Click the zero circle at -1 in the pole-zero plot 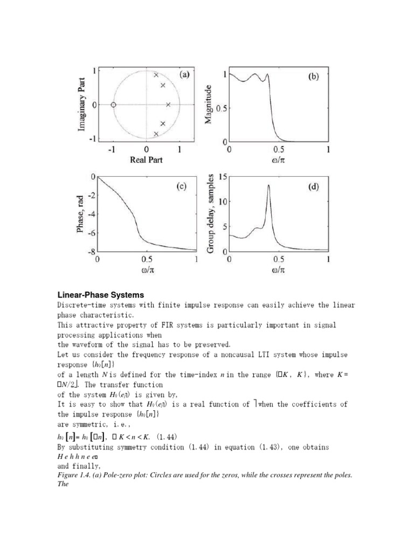tap(113, 105)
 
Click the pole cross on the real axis tap(168, 105)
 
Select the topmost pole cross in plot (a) tap(156, 75)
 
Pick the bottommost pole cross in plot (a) tap(156, 134)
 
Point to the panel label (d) tap(313, 187)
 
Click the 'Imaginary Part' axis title tap(82, 103)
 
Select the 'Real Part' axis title tap(146, 160)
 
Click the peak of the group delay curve tap(268, 185)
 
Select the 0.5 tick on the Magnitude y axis tap(221, 108)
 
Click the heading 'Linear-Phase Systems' tap(101, 295)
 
